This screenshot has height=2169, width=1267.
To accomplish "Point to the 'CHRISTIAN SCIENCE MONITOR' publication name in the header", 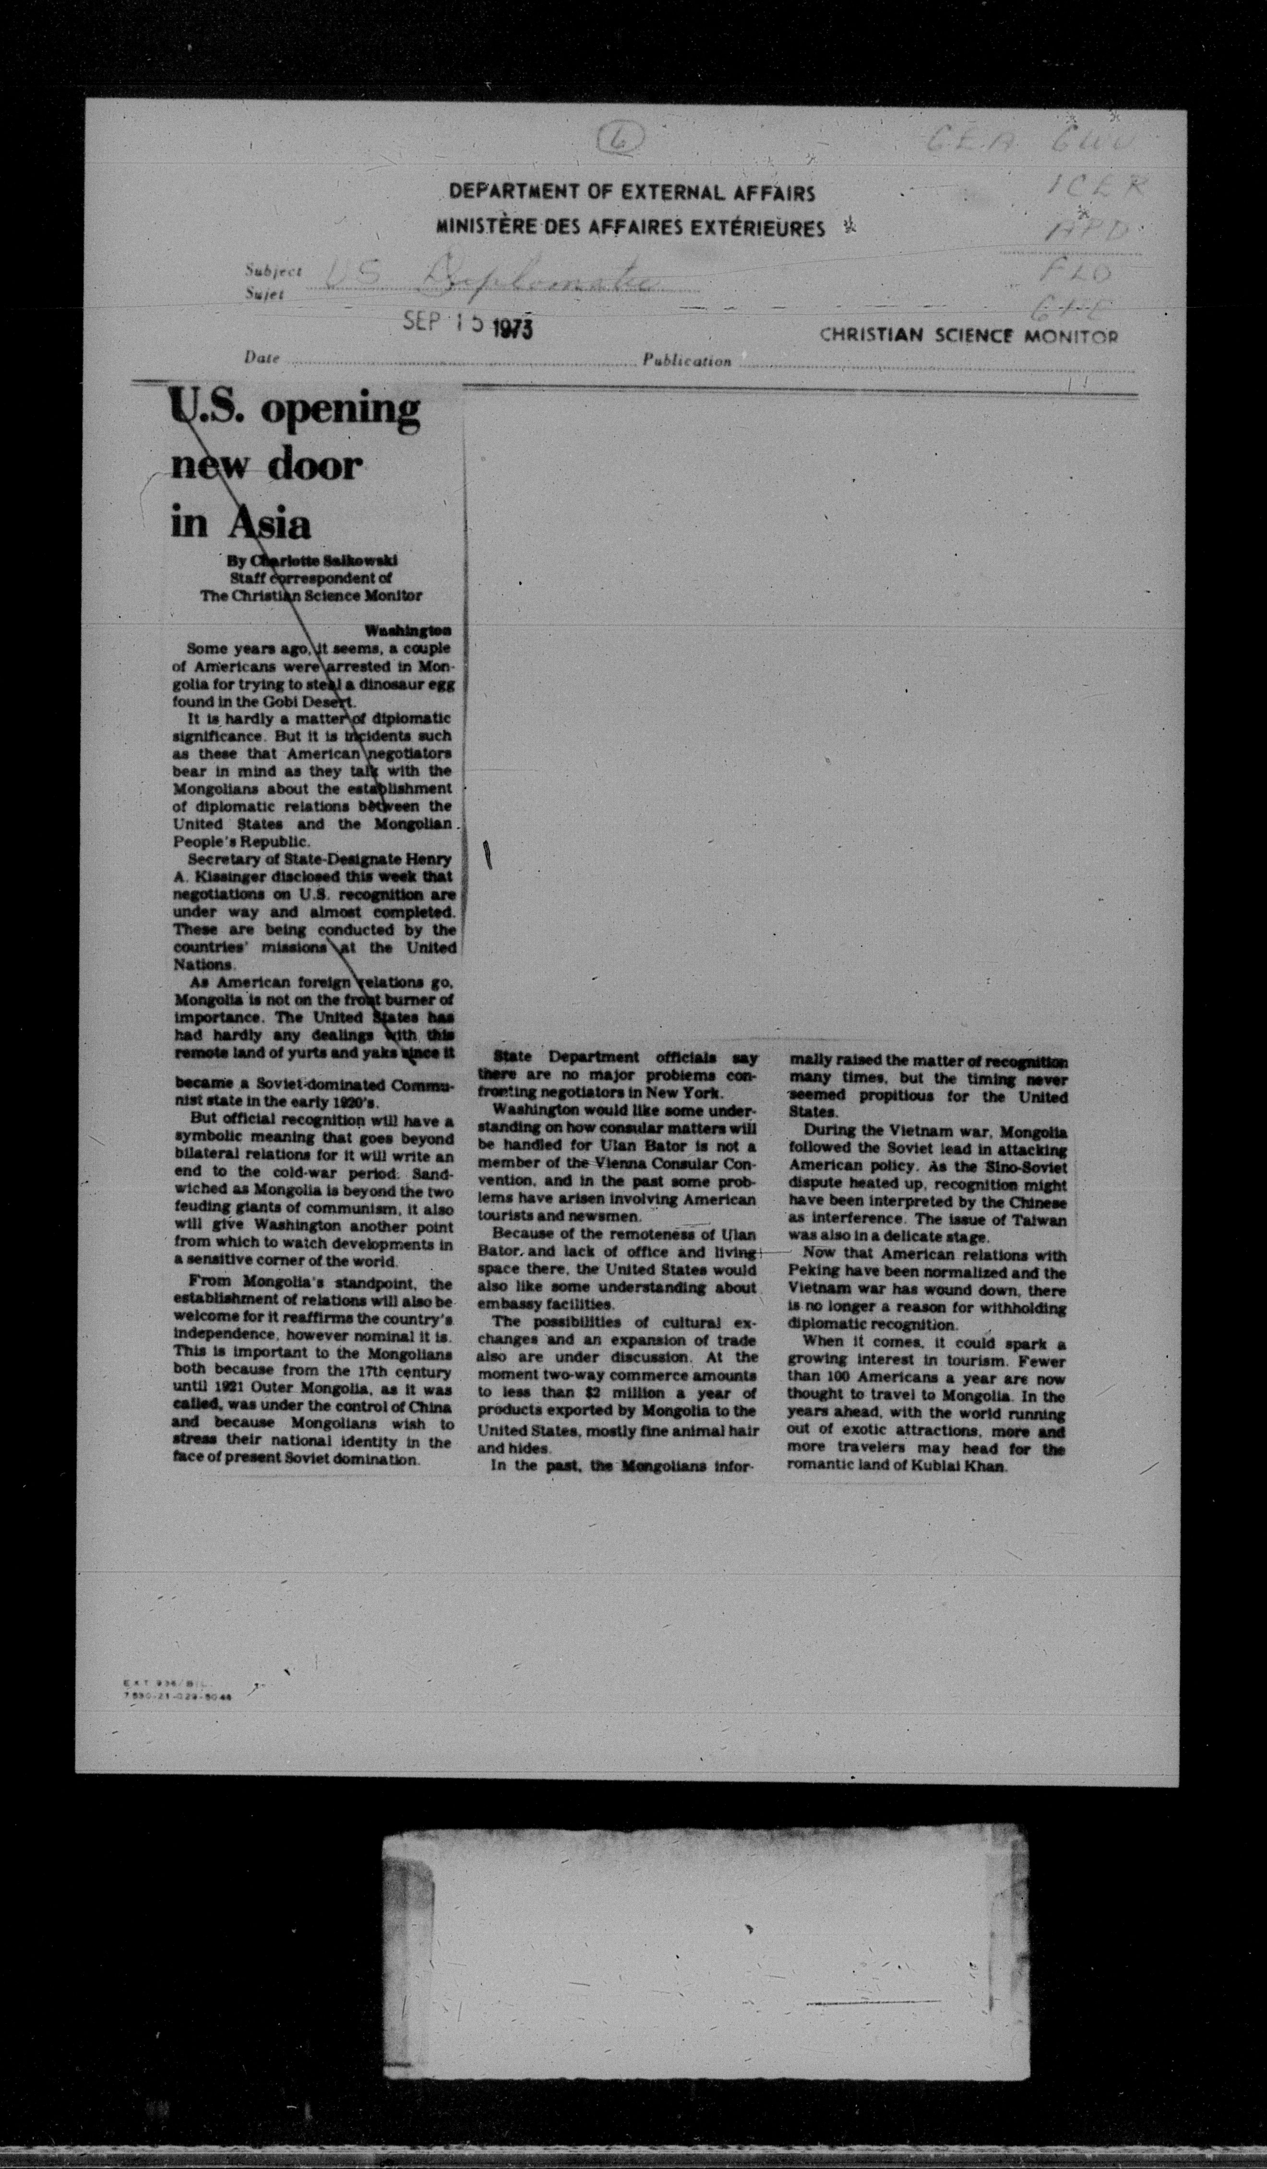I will pyautogui.click(x=968, y=336).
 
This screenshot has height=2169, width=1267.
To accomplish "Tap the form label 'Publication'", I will pyautogui.click(x=686, y=361).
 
